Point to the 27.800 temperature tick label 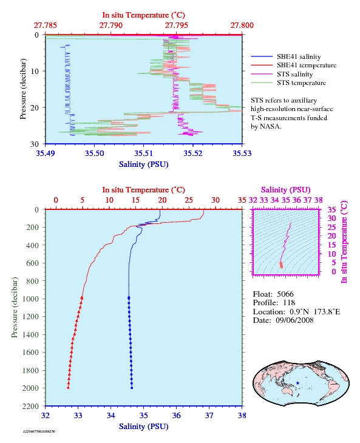point(242,25)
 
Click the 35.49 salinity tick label point(45,154)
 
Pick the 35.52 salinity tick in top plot point(192,154)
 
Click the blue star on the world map point(297,383)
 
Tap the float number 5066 point(285,294)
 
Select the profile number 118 point(289,303)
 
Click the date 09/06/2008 point(294,320)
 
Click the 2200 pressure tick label point(30,406)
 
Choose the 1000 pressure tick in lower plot point(30,299)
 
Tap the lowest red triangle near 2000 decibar point(68,388)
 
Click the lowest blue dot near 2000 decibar point(132,388)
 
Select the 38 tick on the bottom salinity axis point(242,416)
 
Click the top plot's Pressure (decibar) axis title point(23,89)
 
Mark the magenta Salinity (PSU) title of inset point(286,190)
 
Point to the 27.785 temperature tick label point(45,25)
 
